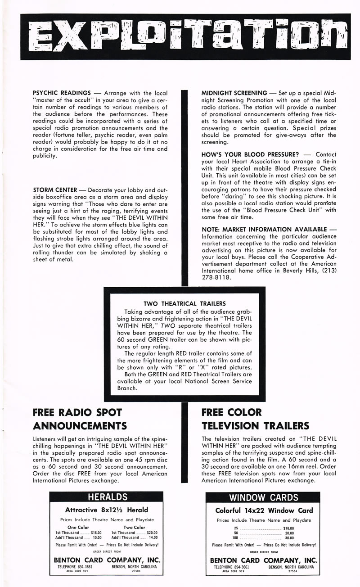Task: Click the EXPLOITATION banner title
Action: point(180,37)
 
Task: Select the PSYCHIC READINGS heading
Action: point(63,92)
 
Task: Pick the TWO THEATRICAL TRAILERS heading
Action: point(184,303)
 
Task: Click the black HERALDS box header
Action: point(106,497)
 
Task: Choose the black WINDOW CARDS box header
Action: point(263,497)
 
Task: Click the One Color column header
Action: point(78,527)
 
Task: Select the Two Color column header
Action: point(134,527)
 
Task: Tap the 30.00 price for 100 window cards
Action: point(289,537)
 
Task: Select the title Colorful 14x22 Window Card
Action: point(264,510)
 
